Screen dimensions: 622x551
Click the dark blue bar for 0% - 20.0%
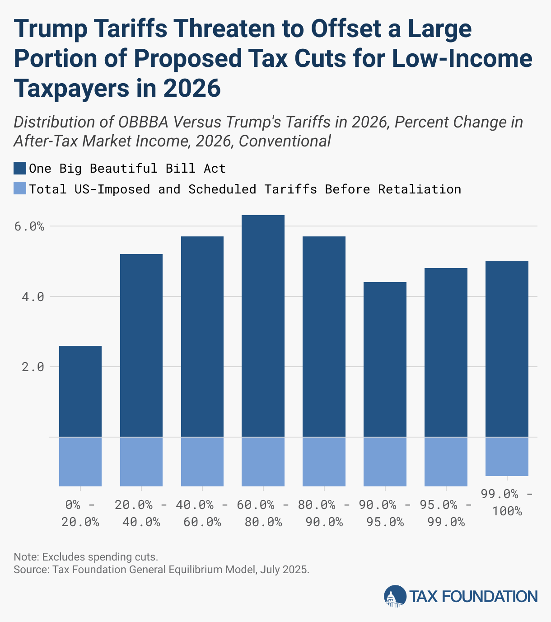pyautogui.click(x=80, y=391)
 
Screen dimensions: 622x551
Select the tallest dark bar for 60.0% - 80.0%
pyautogui.click(x=263, y=326)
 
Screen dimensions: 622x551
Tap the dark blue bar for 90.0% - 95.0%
pyautogui.click(x=385, y=359)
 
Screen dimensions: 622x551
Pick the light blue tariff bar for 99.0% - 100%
pyautogui.click(x=507, y=457)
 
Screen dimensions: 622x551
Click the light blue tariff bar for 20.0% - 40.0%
pyautogui.click(x=141, y=462)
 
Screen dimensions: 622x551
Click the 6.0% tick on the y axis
pyautogui.click(x=29, y=226)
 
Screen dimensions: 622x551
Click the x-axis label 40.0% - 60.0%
pyautogui.click(x=202, y=514)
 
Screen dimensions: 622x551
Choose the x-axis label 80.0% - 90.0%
pyautogui.click(x=324, y=514)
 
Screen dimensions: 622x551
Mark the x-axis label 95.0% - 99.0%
pyautogui.click(x=446, y=514)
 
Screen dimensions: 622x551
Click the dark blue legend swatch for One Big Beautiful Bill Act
pyautogui.click(x=20, y=168)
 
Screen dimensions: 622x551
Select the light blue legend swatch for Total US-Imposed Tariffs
pyautogui.click(x=20, y=188)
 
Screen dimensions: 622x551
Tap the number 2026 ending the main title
pyautogui.click(x=192, y=88)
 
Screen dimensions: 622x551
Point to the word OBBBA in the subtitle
pyautogui.click(x=144, y=122)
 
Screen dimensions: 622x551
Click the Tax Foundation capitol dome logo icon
pyautogui.click(x=395, y=596)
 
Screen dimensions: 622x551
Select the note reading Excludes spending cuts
pyautogui.click(x=86, y=556)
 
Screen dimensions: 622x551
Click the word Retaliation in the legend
pyautogui.click(x=420, y=189)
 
